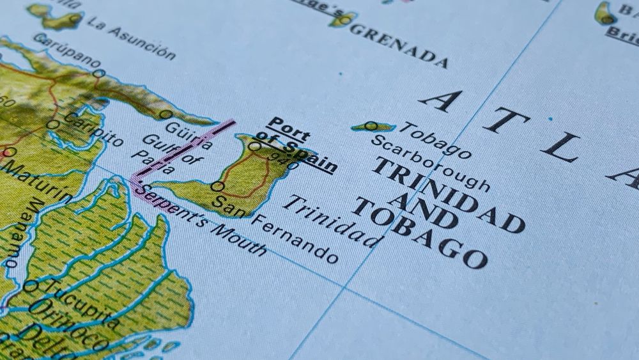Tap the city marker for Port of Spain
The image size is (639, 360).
click(x=254, y=146)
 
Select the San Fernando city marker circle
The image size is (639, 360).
click(x=217, y=187)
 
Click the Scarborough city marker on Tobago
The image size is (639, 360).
click(x=371, y=126)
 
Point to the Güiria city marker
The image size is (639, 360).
click(x=166, y=114)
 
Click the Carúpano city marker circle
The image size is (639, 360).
click(x=98, y=74)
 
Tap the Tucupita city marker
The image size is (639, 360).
click(x=30, y=286)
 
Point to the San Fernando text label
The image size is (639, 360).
click(x=275, y=230)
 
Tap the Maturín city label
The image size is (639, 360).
click(x=36, y=182)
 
